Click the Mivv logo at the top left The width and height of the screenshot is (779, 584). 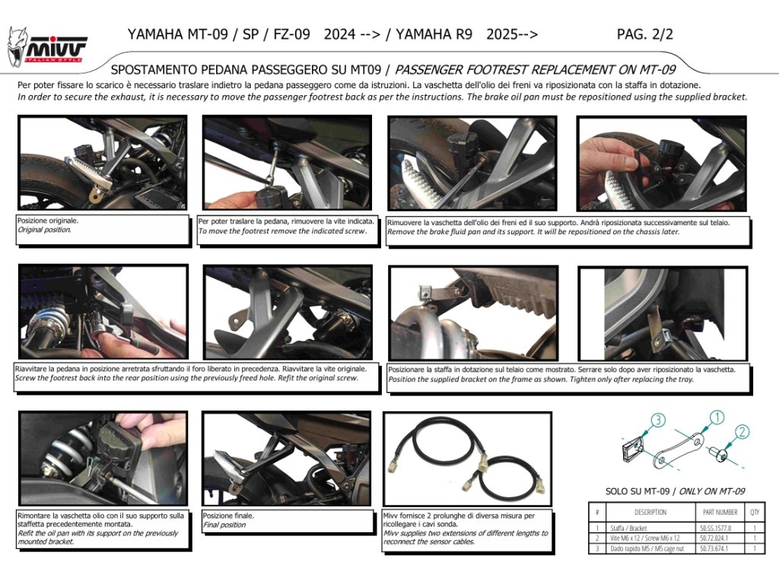point(47,48)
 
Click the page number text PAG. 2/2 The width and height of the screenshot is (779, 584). point(645,34)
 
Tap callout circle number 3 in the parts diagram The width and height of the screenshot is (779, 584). point(658,420)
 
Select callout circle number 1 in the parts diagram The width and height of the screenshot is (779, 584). point(717,417)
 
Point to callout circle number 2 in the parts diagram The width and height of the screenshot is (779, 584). point(741,432)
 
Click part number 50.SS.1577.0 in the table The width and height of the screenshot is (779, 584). point(715,528)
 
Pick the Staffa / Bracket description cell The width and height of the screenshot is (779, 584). point(628,528)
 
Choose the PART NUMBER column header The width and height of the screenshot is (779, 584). point(720,512)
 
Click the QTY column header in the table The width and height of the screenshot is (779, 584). point(755,512)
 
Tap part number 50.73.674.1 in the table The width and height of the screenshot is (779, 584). point(714,549)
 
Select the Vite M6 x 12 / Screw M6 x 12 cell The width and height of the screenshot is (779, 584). point(645,538)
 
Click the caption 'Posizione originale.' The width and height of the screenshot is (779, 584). point(48,221)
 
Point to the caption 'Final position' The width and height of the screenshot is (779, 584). point(224,525)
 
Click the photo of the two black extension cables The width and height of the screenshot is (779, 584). point(468,459)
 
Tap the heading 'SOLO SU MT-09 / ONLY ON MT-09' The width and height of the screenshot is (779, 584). point(676,491)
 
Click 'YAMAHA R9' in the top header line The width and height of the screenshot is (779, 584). point(434,34)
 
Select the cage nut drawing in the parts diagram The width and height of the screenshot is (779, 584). point(632,450)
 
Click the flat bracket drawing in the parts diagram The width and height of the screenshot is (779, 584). point(678,450)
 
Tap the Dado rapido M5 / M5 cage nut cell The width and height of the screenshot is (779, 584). point(647,549)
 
